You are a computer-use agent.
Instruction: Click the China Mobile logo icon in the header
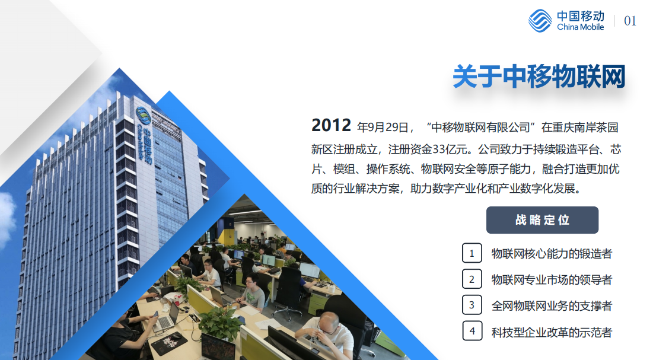click(540, 21)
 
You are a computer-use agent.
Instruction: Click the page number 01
click(630, 21)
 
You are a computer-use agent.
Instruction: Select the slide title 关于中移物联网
click(539, 77)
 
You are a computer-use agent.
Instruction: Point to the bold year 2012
click(332, 125)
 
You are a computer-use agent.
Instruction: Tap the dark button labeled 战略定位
click(542, 220)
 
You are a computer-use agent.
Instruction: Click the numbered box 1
click(472, 253)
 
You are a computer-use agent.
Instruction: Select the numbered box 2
click(472, 279)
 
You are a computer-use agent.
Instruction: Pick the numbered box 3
click(472, 305)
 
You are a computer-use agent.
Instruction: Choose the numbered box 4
click(472, 331)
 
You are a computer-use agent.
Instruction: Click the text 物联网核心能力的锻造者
click(552, 253)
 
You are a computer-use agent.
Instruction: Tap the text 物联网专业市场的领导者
click(552, 279)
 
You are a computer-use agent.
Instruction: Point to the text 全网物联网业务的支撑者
click(552, 306)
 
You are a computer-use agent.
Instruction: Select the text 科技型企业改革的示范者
click(552, 332)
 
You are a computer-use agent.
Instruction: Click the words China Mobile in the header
click(581, 27)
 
